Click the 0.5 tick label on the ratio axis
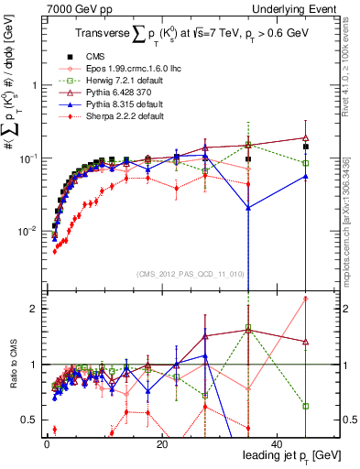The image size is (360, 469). pyautogui.click(x=29, y=420)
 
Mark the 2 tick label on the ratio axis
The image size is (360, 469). pyautogui.click(x=33, y=309)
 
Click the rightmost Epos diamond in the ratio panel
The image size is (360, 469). pyautogui.click(x=305, y=299)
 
